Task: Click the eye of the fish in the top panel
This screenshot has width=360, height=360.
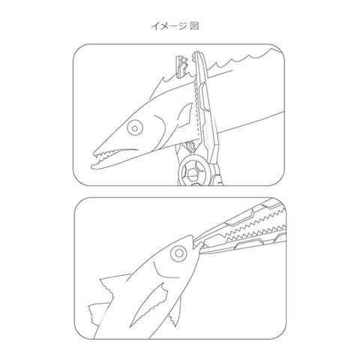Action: coord(135,128)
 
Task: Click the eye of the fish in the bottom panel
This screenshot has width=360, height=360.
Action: coord(178,253)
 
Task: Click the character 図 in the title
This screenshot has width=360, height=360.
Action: coord(194,25)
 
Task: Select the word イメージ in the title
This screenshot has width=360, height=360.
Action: coord(169,25)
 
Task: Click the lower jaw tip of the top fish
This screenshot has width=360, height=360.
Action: coord(92,166)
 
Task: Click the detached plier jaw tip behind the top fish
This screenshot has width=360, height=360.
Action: coord(181,66)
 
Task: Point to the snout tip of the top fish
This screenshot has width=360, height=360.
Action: coord(94,152)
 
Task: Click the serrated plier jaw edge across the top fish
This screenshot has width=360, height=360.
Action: coord(196,110)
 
